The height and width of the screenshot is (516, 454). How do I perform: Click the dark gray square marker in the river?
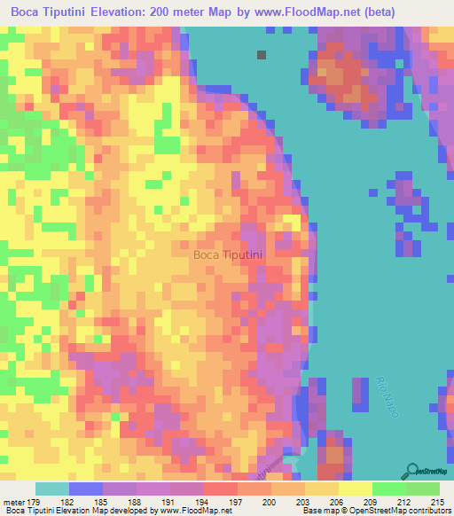point(262,55)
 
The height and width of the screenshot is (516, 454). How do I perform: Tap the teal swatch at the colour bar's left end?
point(52,489)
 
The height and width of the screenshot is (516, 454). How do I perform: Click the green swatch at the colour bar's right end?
point(422,489)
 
